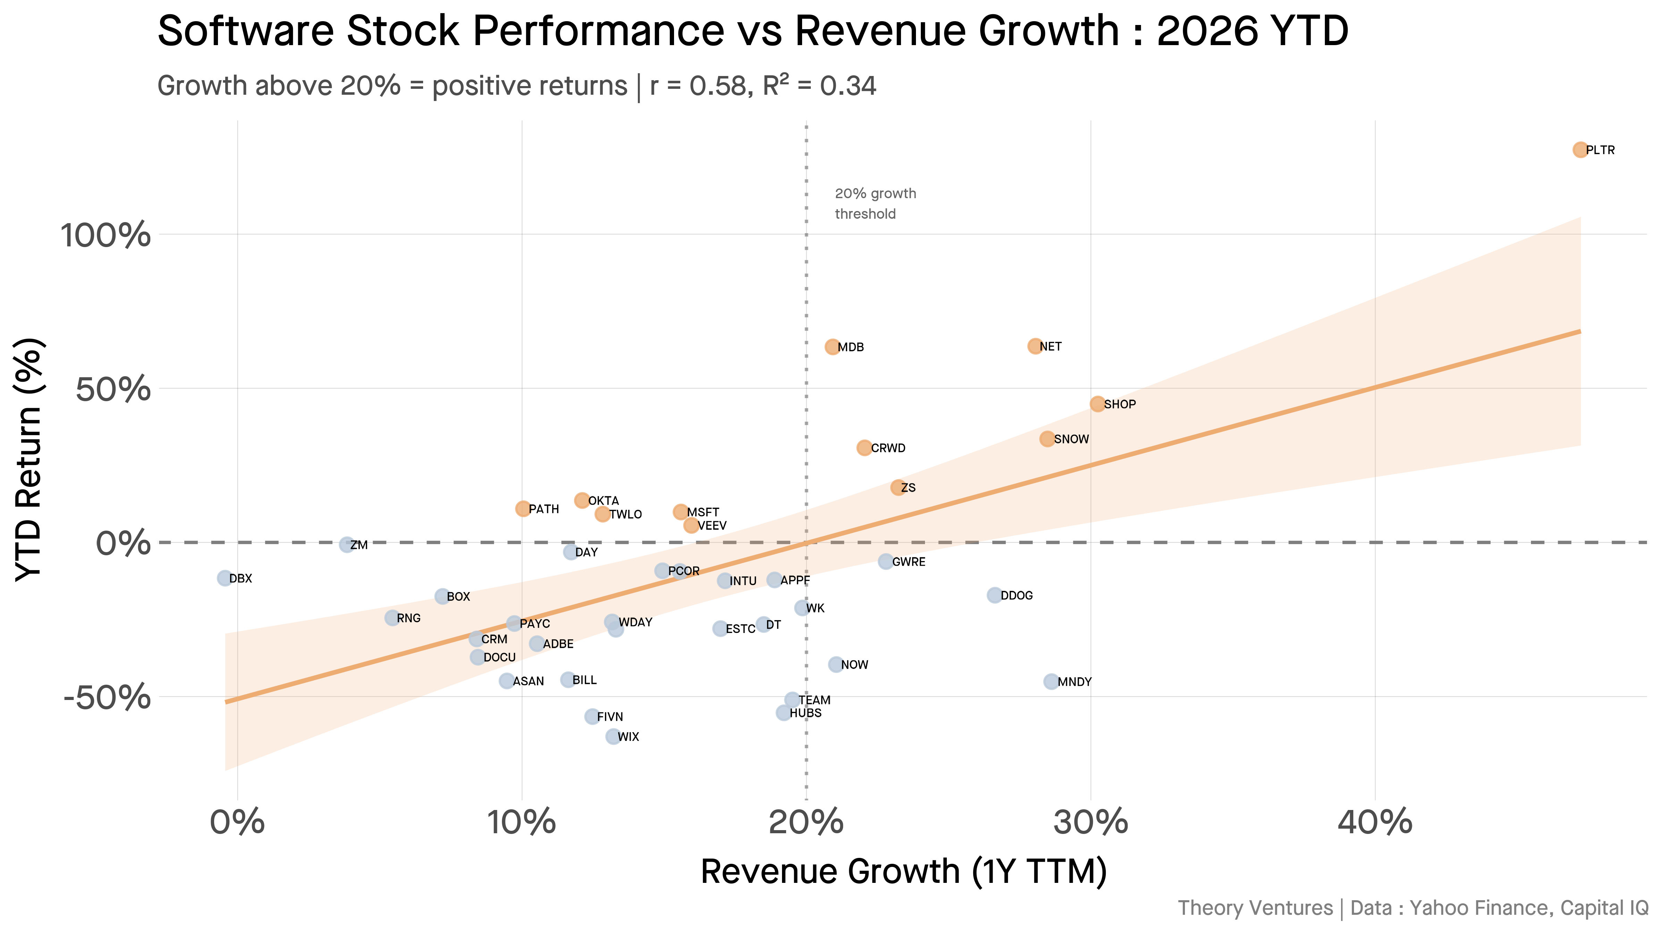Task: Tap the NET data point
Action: (x=1035, y=346)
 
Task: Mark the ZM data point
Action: (x=347, y=545)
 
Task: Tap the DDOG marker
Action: (x=995, y=595)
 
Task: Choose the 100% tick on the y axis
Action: (x=106, y=235)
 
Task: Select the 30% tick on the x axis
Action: (x=1091, y=822)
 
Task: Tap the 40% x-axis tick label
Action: (x=1374, y=822)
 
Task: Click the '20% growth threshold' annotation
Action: (x=875, y=204)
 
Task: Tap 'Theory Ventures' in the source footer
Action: (x=1255, y=908)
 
